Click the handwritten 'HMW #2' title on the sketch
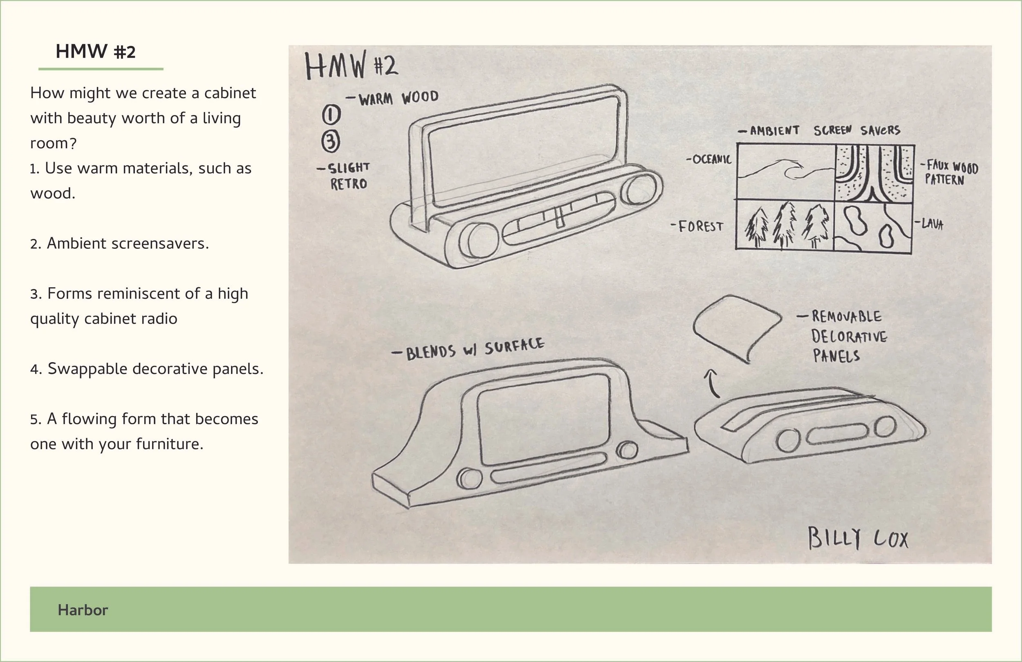pyautogui.click(x=351, y=66)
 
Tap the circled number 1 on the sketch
pyautogui.click(x=331, y=114)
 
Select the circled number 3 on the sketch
pyautogui.click(x=331, y=142)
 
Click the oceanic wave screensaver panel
pyautogui.click(x=785, y=171)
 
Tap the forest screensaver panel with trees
pyautogui.click(x=784, y=225)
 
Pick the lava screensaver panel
pyautogui.click(x=872, y=227)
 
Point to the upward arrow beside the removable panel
pyautogui.click(x=713, y=383)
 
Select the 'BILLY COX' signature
pyautogui.click(x=858, y=538)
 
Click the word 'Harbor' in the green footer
pyautogui.click(x=83, y=610)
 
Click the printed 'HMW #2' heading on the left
pyautogui.click(x=95, y=52)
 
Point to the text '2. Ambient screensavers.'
pyautogui.click(x=119, y=243)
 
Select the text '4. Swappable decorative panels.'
pyautogui.click(x=147, y=369)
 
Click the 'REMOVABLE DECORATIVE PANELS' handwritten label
pyautogui.click(x=848, y=337)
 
